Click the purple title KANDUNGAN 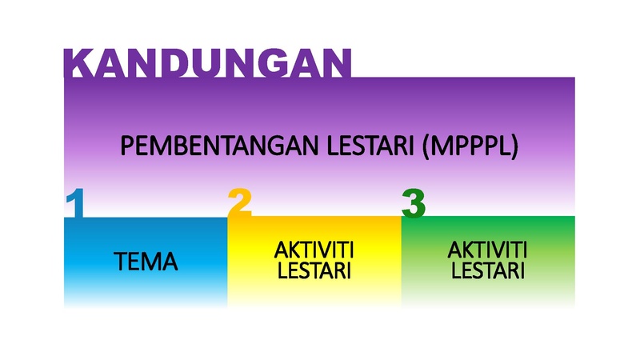click(x=207, y=63)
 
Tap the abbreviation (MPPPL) click(x=470, y=146)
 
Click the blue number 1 click(x=75, y=203)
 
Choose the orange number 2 click(x=239, y=202)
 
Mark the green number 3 click(x=414, y=203)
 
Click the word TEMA click(x=146, y=262)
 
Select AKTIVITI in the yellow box click(x=314, y=250)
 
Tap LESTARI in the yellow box click(x=314, y=270)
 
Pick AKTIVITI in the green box click(x=487, y=250)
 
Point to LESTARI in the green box click(x=488, y=270)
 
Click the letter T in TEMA click(x=122, y=262)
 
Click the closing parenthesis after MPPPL click(x=514, y=147)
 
